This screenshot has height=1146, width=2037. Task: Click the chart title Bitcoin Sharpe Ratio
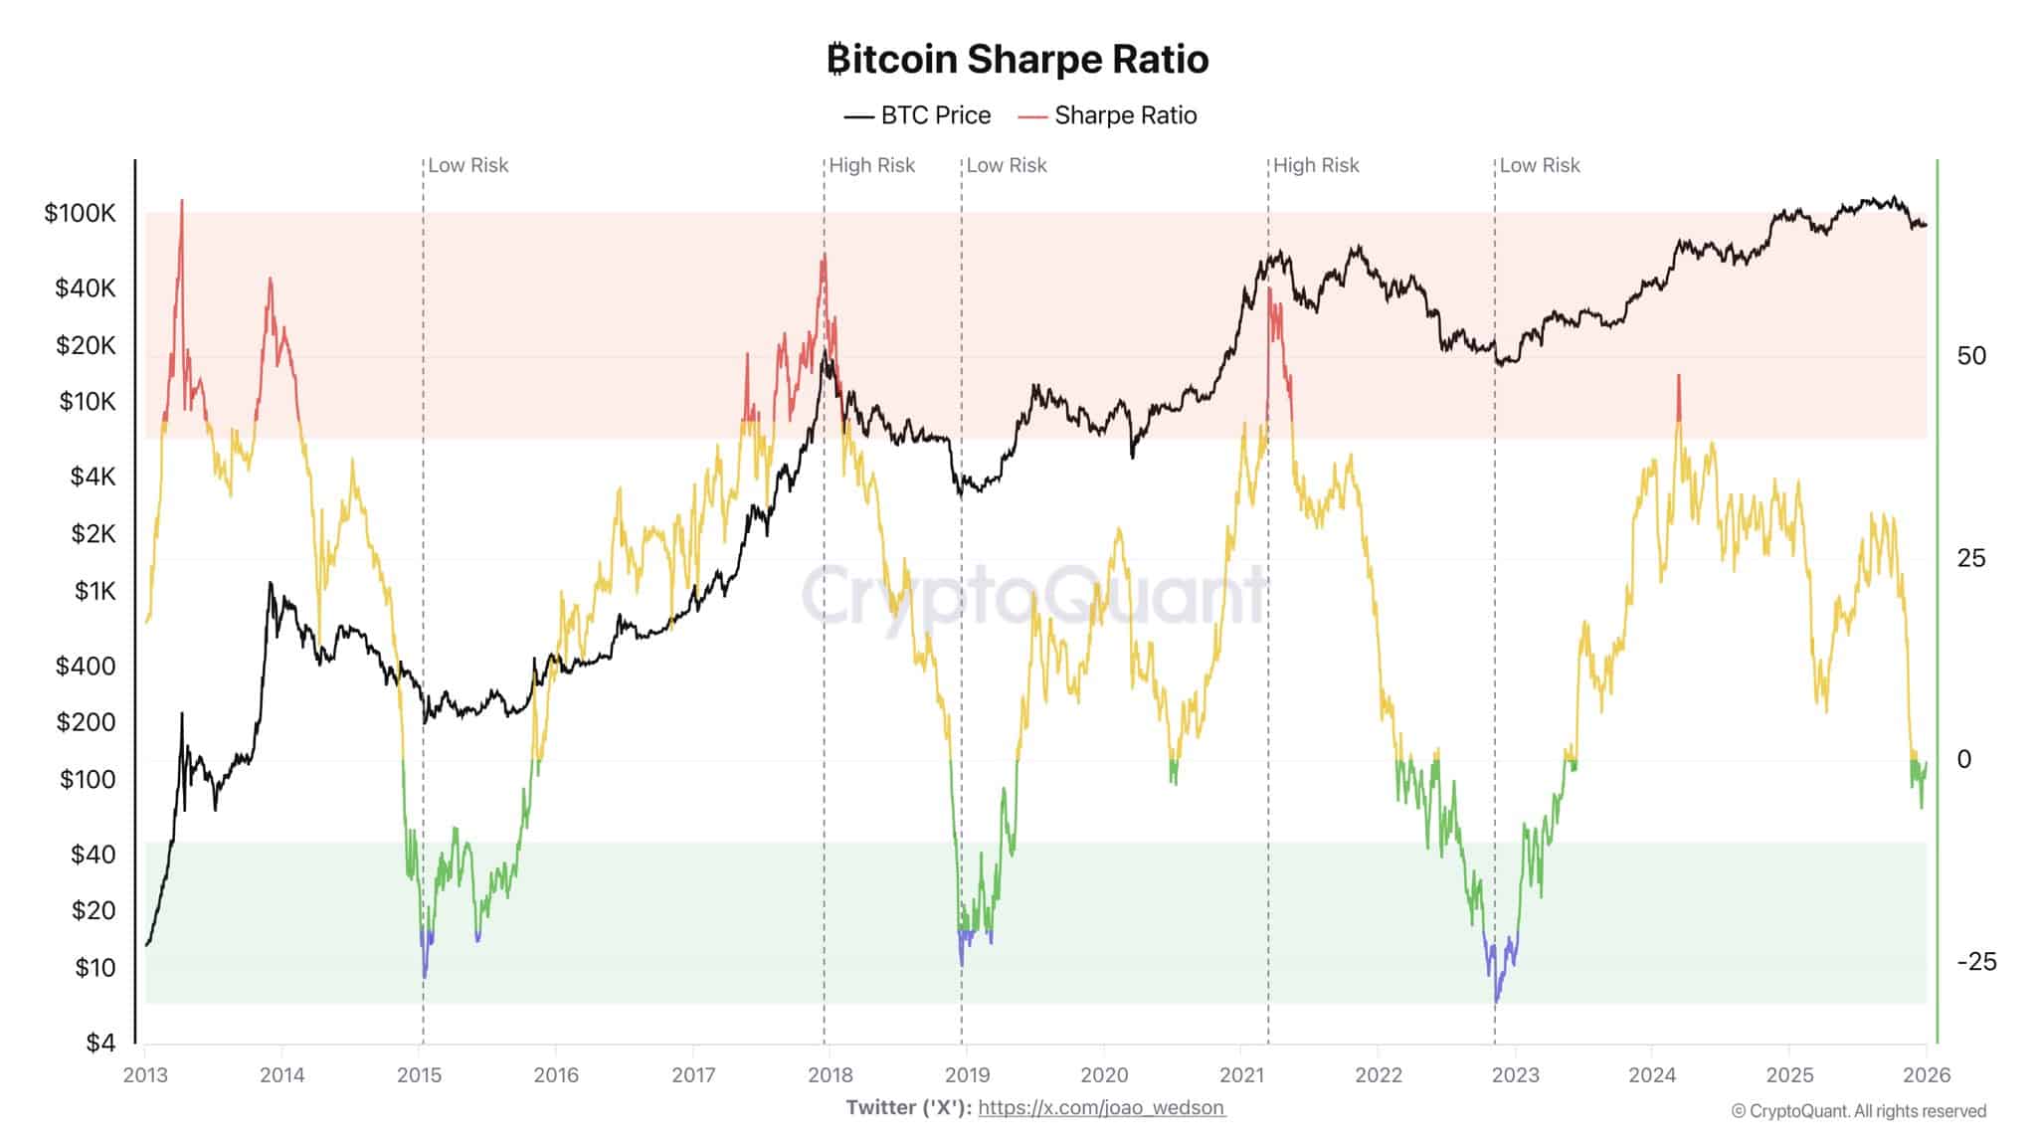[x=1018, y=60]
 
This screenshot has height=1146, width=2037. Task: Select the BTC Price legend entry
[x=918, y=115]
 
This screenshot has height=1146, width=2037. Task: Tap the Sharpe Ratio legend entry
[x=1108, y=115]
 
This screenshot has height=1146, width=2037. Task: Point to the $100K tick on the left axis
[x=80, y=213]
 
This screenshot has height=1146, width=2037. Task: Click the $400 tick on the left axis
[x=86, y=666]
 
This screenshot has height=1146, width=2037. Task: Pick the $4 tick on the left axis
[x=99, y=1043]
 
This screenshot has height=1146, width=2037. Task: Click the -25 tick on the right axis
[x=1975, y=961]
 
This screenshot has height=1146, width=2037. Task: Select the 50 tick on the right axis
[x=1970, y=356]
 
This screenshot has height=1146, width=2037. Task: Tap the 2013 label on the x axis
[x=145, y=1075]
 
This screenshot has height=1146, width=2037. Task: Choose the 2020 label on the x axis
[x=1104, y=1075]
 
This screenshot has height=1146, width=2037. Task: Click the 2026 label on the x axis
[x=1927, y=1075]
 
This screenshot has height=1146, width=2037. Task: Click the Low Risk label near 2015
[x=467, y=165]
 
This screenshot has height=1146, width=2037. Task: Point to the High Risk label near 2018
[x=871, y=165]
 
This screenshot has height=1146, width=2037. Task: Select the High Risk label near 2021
[x=1315, y=165]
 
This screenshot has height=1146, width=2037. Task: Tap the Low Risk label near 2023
[x=1539, y=165]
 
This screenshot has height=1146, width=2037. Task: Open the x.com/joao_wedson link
[x=1101, y=1107]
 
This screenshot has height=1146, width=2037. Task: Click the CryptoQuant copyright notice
[x=1858, y=1111]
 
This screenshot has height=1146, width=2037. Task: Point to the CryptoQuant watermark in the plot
[x=1034, y=595]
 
